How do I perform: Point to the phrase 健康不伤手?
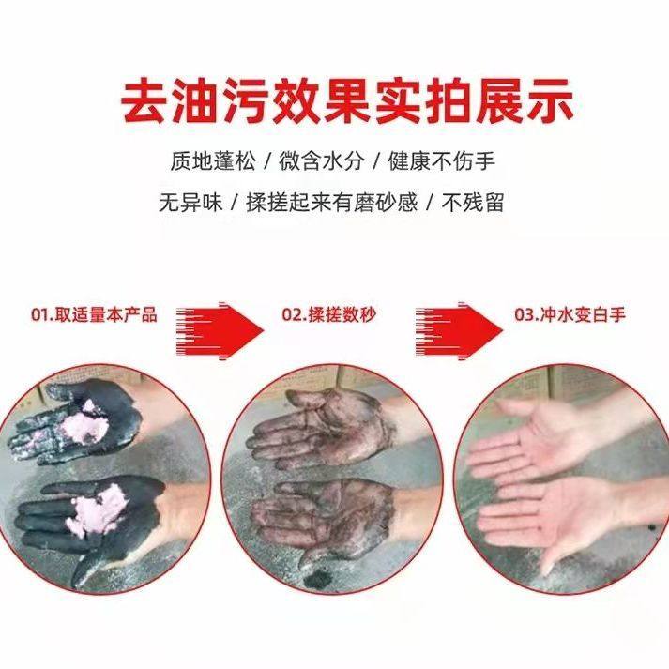click(x=449, y=160)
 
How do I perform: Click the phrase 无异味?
click(x=191, y=202)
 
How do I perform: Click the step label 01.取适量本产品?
click(x=95, y=315)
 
